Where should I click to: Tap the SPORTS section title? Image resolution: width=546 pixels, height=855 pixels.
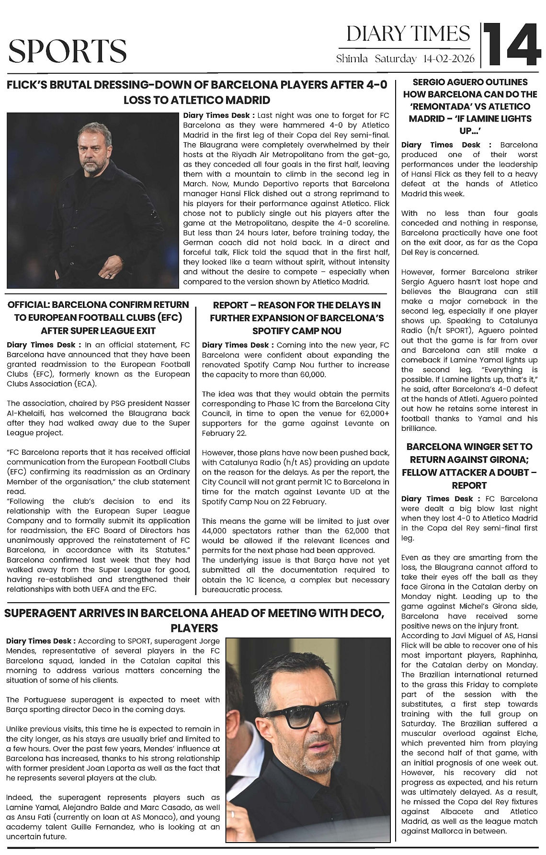pyautogui.click(x=68, y=51)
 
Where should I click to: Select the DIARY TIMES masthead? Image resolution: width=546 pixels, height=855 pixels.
pyautogui.click(x=408, y=34)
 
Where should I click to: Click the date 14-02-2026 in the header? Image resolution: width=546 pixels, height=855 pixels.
pyautogui.click(x=449, y=59)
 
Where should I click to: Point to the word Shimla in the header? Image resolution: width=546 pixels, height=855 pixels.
pyautogui.click(x=352, y=59)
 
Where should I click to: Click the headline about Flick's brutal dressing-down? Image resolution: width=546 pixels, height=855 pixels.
pyautogui.click(x=197, y=92)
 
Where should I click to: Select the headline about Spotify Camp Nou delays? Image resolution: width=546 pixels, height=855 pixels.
pyautogui.click(x=296, y=318)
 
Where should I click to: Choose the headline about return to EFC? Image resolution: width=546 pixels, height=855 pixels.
pyautogui.click(x=98, y=317)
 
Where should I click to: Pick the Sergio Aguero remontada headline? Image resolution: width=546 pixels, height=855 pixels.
pyautogui.click(x=470, y=106)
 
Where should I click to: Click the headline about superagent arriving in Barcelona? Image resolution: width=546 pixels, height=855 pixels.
pyautogui.click(x=194, y=620)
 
